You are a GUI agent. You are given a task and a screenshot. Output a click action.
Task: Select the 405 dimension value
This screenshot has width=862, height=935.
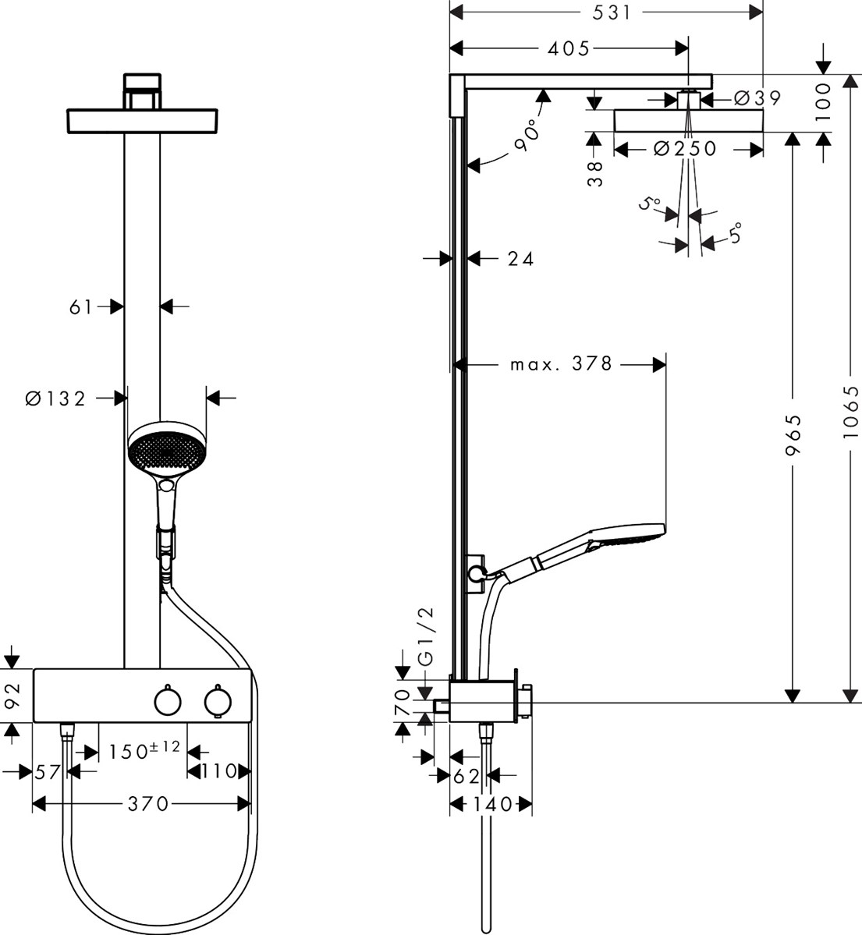568,48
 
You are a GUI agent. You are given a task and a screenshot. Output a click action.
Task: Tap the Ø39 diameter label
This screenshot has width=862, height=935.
757,98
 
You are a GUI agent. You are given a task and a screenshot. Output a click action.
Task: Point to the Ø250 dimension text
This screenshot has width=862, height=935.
684,148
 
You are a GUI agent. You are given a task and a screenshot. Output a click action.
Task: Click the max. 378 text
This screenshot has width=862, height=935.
561,363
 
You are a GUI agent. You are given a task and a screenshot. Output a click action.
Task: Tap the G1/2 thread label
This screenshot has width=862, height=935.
425,635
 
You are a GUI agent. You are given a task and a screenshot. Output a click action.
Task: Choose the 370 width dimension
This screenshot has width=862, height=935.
148,803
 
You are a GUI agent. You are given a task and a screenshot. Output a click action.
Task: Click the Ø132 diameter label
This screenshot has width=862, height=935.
55,398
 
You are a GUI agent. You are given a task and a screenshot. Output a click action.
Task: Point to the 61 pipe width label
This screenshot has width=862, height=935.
81,307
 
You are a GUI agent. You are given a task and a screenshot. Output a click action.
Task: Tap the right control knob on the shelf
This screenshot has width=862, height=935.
217,701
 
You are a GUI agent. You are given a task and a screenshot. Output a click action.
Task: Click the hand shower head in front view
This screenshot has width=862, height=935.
165,450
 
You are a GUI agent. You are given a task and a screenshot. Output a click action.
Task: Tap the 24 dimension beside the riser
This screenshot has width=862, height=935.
520,258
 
